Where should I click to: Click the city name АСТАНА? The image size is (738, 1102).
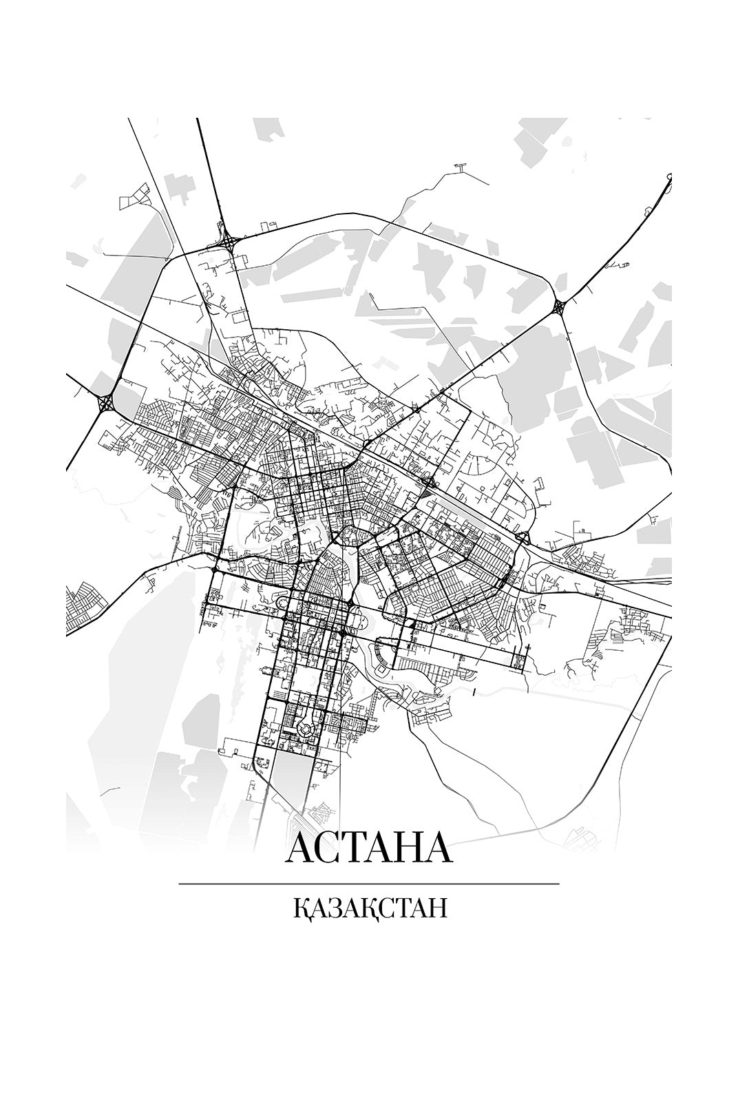click(x=368, y=848)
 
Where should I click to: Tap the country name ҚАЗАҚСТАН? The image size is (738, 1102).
click(x=370, y=908)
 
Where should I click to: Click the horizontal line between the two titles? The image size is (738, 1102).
click(x=368, y=883)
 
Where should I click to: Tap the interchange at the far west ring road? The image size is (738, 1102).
click(x=107, y=402)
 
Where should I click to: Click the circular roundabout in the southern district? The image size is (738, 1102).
click(x=305, y=727)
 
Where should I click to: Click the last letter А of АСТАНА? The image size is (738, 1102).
click(x=438, y=848)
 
